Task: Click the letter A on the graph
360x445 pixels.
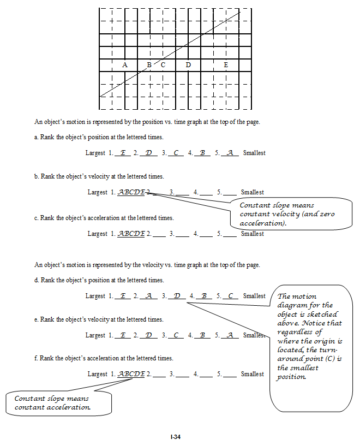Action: coord(124,65)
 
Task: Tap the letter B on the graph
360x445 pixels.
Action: coord(149,65)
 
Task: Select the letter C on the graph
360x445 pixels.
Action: coord(163,65)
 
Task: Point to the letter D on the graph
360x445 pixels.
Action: coord(188,65)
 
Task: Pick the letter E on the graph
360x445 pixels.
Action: coord(226,65)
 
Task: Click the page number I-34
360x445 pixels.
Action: coord(175,436)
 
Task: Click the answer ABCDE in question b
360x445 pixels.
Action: coord(131,192)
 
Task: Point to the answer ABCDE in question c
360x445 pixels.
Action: coord(131,234)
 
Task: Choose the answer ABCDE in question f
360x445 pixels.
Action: coord(131,374)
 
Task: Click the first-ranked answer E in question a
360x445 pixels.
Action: coord(123,153)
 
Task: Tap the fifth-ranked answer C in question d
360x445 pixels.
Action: coord(230,296)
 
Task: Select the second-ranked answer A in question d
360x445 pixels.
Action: coord(148,296)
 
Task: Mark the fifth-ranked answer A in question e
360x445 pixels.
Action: coord(230,335)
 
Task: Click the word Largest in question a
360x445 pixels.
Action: coord(95,153)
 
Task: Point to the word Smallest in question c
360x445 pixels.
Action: coord(253,234)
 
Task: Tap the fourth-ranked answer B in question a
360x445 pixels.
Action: coord(202,153)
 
